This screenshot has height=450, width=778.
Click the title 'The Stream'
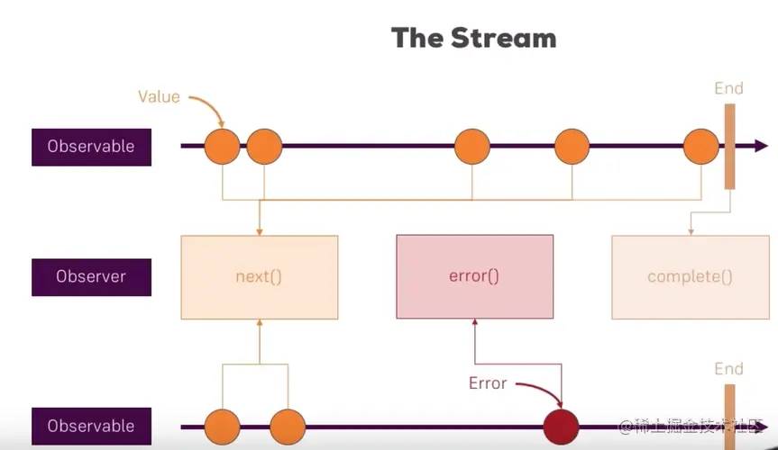(473, 39)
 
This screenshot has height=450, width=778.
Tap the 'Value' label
(159, 95)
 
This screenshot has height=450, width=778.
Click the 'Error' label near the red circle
(488, 383)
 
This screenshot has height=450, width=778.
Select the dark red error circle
(562, 426)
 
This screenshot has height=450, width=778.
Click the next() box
(259, 277)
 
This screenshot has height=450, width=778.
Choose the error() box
(474, 277)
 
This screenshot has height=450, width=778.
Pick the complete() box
(690, 277)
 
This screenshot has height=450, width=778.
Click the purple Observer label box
(91, 277)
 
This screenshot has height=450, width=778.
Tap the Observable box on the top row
(91, 147)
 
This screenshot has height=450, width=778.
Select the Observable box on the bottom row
(91, 426)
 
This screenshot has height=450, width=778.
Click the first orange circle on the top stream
(222, 147)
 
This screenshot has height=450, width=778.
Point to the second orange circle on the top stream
(264, 147)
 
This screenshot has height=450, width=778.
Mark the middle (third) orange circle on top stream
(471, 147)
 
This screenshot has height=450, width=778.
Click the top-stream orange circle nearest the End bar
(700, 147)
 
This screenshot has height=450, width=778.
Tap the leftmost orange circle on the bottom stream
(222, 426)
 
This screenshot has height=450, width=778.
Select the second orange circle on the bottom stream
(288, 426)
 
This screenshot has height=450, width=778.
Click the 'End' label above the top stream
(728, 88)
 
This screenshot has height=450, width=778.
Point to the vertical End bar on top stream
(729, 147)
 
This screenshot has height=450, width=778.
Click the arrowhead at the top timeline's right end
(762, 147)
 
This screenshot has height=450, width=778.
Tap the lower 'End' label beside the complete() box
(728, 369)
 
